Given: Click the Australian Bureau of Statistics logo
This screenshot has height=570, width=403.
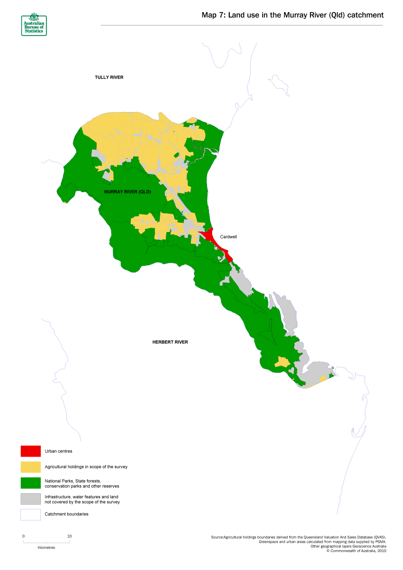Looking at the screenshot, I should coord(34,24).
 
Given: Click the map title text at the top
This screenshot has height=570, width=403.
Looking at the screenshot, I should coord(292,15).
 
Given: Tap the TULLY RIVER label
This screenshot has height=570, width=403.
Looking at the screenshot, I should coord(109,77).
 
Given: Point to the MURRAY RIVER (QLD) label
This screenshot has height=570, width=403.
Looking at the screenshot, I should coord(127,192).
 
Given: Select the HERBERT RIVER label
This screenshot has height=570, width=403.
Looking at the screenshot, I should coord(170,342).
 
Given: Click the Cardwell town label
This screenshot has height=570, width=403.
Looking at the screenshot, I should coord(228,237).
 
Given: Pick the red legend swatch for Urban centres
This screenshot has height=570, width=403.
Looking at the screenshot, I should coord(31,451).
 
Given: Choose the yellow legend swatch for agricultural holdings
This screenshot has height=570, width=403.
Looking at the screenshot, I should coord(31,467).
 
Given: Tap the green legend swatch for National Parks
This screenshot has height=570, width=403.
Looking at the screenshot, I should coord(31,483).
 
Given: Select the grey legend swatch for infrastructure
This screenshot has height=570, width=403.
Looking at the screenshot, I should coord(31,499).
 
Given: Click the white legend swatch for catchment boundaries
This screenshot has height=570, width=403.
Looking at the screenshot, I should coord(31,514).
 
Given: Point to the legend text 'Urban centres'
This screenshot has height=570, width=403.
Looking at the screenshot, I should coord(58,451).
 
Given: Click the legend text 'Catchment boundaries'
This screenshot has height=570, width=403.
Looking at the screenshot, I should coord(67,514).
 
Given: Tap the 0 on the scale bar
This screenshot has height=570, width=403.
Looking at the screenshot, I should coord(24,536).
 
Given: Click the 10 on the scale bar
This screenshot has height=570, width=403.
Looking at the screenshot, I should coord(69,536).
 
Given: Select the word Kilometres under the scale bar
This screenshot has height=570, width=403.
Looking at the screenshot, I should coord(46,547).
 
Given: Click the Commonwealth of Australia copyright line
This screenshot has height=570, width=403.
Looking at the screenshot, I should coord(356,551).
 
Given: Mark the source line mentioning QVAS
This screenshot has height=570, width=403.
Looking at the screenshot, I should coord(298,537).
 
